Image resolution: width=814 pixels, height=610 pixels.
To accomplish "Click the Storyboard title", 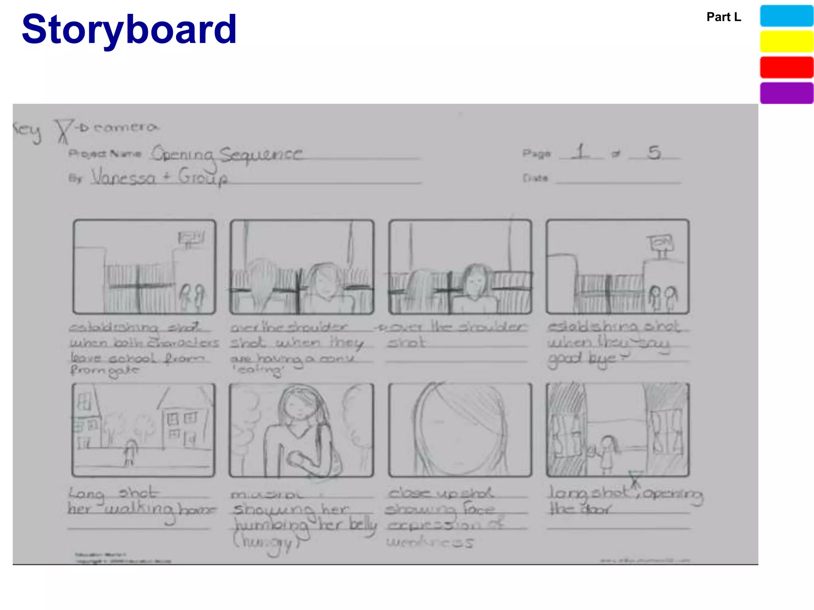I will pyautogui.click(x=129, y=29).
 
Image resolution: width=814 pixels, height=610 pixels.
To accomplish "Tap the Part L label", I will pyautogui.click(x=723, y=17).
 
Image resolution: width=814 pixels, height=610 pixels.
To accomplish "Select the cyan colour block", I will pyautogui.click(x=786, y=16).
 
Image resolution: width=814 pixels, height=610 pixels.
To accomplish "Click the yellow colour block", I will pyautogui.click(x=786, y=41).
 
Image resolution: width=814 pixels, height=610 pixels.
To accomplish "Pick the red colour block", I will pyautogui.click(x=786, y=67).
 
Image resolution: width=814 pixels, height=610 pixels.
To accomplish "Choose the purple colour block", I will pyautogui.click(x=786, y=93).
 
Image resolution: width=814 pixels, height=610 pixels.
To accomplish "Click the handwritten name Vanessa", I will pyautogui.click(x=124, y=177).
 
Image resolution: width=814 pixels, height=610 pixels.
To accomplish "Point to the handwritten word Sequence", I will pyautogui.click(x=261, y=154).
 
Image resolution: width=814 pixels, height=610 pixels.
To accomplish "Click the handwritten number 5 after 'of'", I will pyautogui.click(x=654, y=152).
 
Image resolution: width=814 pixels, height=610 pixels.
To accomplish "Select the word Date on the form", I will pyautogui.click(x=535, y=178).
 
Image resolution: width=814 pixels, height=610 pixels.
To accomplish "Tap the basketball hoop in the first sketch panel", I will pyautogui.click(x=191, y=239).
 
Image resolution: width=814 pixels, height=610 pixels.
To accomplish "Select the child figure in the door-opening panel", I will pyautogui.click(x=607, y=453).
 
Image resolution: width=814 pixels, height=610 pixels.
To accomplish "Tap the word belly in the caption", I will pyautogui.click(x=362, y=525).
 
